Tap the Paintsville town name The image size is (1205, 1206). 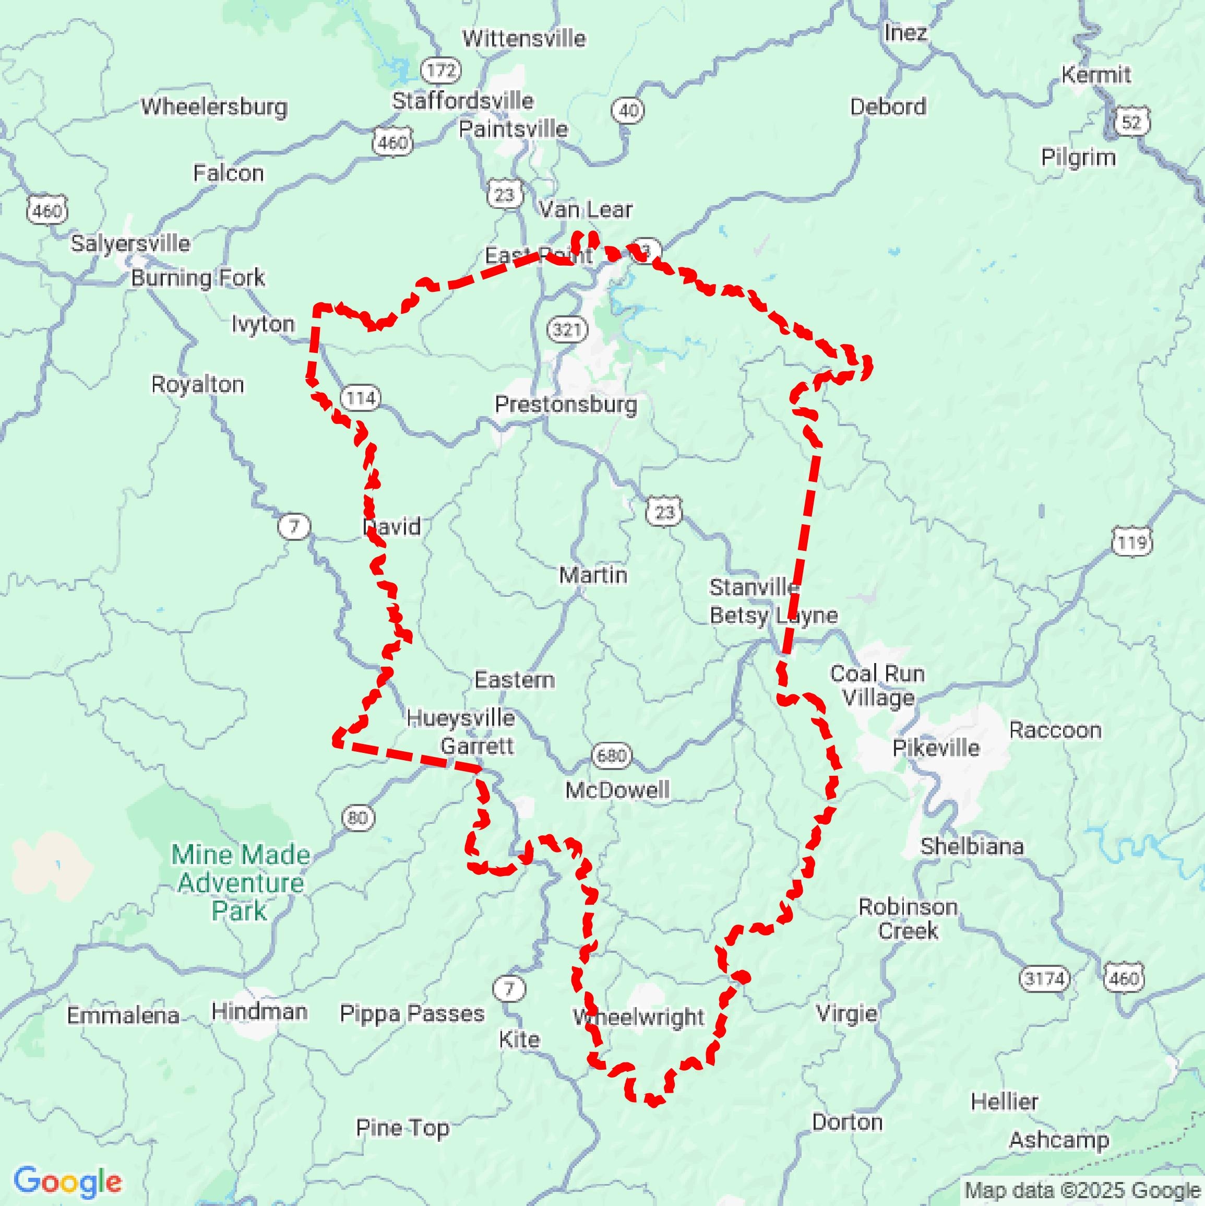pyautogui.click(x=513, y=129)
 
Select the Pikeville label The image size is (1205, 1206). pyautogui.click(x=935, y=748)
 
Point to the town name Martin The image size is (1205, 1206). pyautogui.click(x=593, y=575)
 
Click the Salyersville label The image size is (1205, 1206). pyautogui.click(x=130, y=243)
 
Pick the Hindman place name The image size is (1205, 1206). pyautogui.click(x=259, y=1011)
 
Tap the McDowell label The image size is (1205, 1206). pyautogui.click(x=617, y=790)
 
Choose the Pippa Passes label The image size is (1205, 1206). pyautogui.click(x=412, y=1013)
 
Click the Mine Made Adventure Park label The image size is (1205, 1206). pyautogui.click(x=240, y=883)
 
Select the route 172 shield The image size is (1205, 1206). pyautogui.click(x=441, y=70)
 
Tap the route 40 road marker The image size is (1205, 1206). pyautogui.click(x=628, y=111)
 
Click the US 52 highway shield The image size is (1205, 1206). pyautogui.click(x=1131, y=122)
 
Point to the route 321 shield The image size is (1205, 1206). pyautogui.click(x=567, y=329)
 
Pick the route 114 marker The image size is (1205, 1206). pyautogui.click(x=361, y=398)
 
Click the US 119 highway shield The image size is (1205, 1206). pyautogui.click(x=1132, y=542)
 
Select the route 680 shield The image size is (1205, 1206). pyautogui.click(x=612, y=756)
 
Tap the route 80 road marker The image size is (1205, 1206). pyautogui.click(x=358, y=818)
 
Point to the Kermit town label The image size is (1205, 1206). pyautogui.click(x=1096, y=75)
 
